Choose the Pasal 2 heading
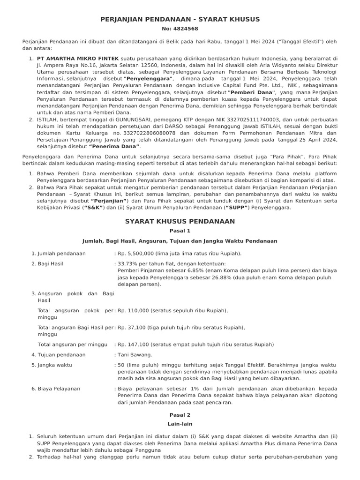(x=180, y=415)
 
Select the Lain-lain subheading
(x=180, y=424)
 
